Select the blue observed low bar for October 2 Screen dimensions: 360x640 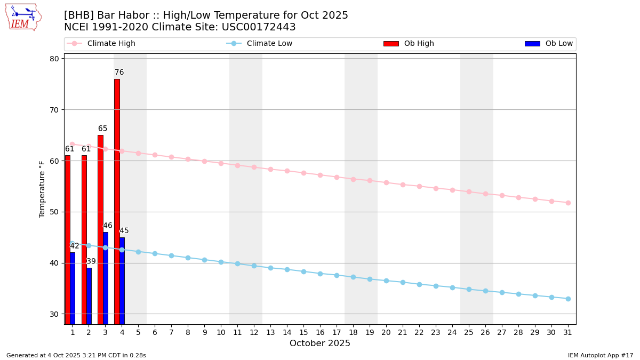click(x=89, y=295)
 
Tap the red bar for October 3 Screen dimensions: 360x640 click(x=100, y=229)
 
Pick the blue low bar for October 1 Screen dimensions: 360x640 click(x=73, y=288)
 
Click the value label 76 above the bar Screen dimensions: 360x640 click(x=119, y=73)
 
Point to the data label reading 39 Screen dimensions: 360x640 click(x=91, y=261)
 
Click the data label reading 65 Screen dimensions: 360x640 click(x=102, y=129)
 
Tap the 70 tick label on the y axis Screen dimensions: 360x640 click(x=54, y=110)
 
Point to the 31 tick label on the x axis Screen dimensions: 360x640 click(x=568, y=332)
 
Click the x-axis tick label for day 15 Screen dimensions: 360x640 click(x=303, y=332)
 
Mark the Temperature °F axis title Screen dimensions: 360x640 click(x=43, y=189)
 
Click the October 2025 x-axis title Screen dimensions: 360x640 click(x=320, y=343)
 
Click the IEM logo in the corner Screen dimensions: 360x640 click(x=23, y=17)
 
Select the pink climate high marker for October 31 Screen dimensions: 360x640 click(x=568, y=203)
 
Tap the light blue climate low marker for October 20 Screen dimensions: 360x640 click(x=386, y=281)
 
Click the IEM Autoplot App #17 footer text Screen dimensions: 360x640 click(x=601, y=355)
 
